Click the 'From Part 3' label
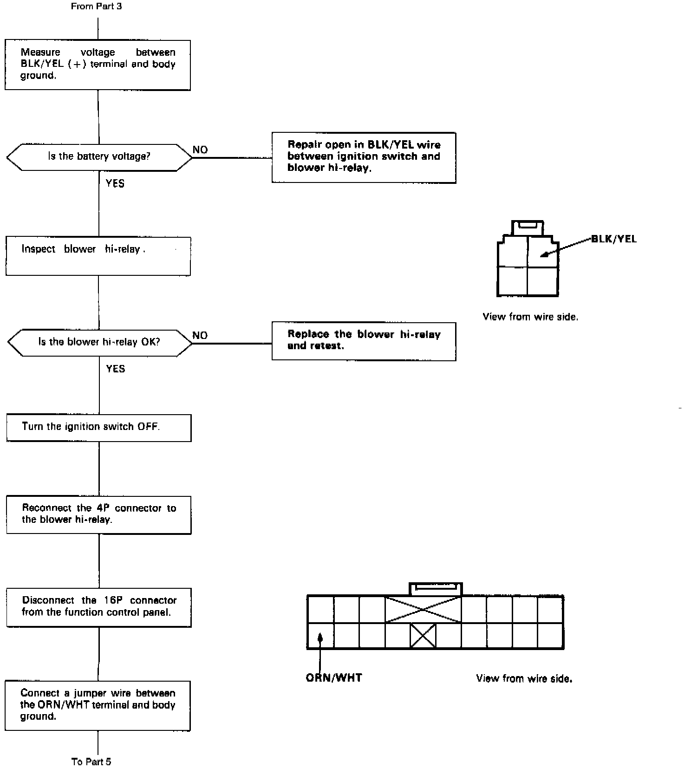pos(96,7)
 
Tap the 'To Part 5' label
pos(91,761)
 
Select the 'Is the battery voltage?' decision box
pos(99,157)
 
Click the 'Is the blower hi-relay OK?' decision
pos(99,343)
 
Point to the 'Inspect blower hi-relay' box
pos(98,256)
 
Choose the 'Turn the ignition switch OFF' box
pos(98,427)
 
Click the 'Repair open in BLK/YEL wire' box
pos(364,157)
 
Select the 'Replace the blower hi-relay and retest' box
pos(364,341)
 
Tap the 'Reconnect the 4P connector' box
pos(98,514)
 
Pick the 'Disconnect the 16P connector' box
pos(98,607)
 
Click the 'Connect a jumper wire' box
pos(98,705)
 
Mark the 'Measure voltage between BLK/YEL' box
pos(98,65)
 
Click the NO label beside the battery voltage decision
pos(200,150)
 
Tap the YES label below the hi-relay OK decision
pos(115,369)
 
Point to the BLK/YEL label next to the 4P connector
pos(613,239)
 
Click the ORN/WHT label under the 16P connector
pos(333,678)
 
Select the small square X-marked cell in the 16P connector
pos(423,635)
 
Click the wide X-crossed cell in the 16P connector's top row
pos(423,609)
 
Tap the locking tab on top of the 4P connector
pos(528,227)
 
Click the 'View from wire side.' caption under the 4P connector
pos(530,317)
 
